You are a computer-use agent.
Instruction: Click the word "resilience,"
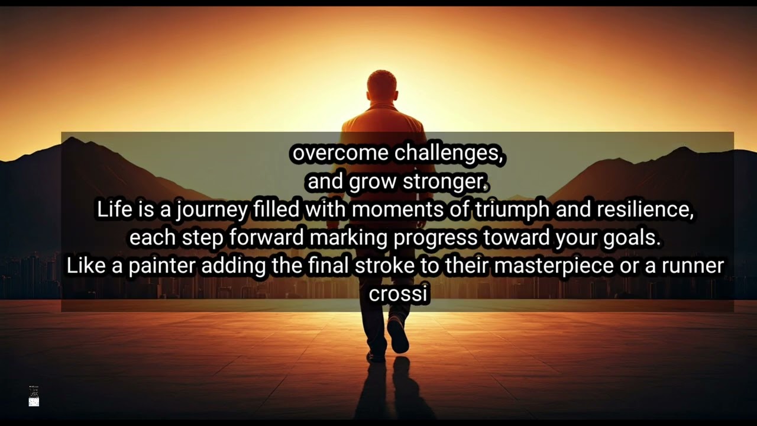645,210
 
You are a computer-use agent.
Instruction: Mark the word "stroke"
384,266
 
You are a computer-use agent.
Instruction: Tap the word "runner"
693,266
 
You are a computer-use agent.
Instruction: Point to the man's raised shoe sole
398,335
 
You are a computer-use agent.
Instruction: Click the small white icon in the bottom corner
34,402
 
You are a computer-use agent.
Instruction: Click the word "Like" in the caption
86,266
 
